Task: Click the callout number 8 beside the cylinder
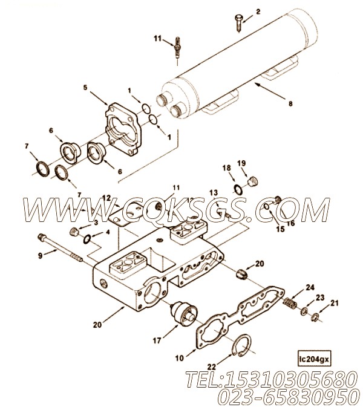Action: point(290,103)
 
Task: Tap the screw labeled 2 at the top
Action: point(238,24)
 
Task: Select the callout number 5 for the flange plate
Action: point(85,88)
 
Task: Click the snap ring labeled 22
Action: point(241,345)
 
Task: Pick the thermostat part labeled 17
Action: point(183,313)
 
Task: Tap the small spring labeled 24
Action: point(290,304)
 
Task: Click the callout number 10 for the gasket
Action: point(180,358)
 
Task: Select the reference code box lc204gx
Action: point(314,359)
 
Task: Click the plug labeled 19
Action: point(252,181)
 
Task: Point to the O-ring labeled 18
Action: point(238,189)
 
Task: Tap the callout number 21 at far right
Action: point(335,302)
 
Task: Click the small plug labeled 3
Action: point(74,232)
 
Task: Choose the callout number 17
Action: point(157,340)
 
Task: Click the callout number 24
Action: point(310,287)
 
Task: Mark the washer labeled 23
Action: point(304,311)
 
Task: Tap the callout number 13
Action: point(214,192)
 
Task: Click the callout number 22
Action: point(212,366)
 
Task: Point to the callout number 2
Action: point(258,11)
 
